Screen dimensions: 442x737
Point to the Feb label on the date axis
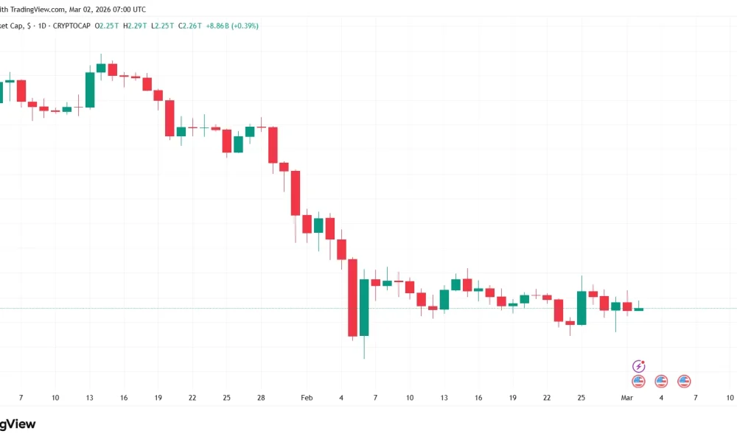pyautogui.click(x=307, y=398)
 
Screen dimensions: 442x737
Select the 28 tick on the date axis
pyautogui.click(x=261, y=398)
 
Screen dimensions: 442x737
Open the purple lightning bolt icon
pyautogui.click(x=639, y=366)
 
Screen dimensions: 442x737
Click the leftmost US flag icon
pyautogui.click(x=639, y=382)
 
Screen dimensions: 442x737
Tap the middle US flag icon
pyautogui.click(x=661, y=382)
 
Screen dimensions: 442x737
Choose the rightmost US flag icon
pyautogui.click(x=684, y=382)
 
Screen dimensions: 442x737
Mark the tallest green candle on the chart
pyautogui.click(x=364, y=307)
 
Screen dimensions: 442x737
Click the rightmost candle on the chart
pyautogui.click(x=639, y=309)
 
